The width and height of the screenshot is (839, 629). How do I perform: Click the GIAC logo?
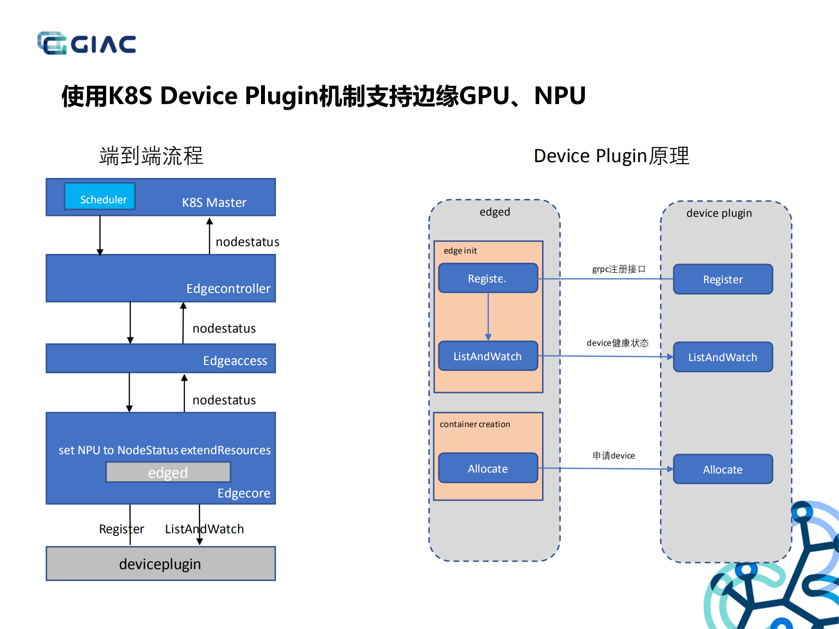click(x=87, y=43)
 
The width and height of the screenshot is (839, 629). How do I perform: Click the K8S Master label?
click(x=214, y=202)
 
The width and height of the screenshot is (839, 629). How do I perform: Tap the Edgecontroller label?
click(x=228, y=288)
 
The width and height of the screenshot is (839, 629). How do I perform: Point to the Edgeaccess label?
click(x=235, y=361)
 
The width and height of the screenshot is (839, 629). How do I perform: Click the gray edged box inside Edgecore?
click(x=168, y=473)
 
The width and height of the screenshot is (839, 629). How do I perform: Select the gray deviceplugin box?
click(x=160, y=563)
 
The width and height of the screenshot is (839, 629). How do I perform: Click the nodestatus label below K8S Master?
click(x=247, y=242)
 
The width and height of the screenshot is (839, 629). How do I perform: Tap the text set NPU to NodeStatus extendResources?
click(x=164, y=450)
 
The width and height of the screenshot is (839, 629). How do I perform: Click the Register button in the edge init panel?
click(x=488, y=278)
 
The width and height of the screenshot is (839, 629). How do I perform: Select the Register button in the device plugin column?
click(x=723, y=279)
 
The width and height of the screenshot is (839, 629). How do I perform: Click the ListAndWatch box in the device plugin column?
click(x=723, y=357)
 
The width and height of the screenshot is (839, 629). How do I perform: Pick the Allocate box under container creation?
click(x=488, y=469)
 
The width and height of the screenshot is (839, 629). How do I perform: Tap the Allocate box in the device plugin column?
click(x=723, y=469)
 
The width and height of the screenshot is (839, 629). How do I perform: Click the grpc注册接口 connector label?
click(x=619, y=269)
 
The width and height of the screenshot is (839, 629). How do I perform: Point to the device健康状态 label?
click(x=617, y=343)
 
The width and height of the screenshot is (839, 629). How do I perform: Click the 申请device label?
click(x=613, y=455)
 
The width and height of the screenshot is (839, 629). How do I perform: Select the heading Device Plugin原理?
click(x=611, y=156)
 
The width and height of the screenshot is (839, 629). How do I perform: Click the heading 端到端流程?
click(x=151, y=156)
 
